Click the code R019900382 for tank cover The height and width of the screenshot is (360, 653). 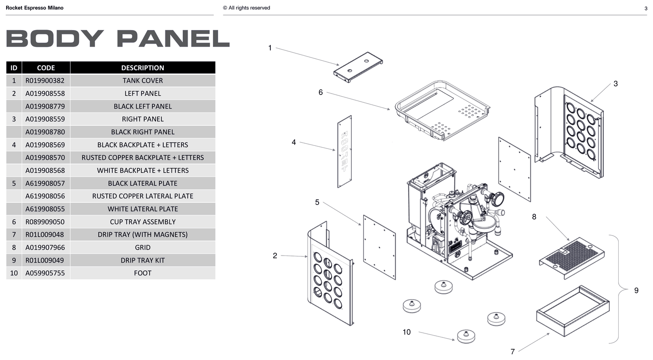[x=45, y=81]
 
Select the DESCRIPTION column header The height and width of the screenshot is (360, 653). [x=142, y=67]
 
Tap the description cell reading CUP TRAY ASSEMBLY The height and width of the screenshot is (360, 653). [x=142, y=222]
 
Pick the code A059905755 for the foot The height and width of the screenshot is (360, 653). [x=45, y=273]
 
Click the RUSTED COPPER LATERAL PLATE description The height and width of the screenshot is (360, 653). [x=142, y=196]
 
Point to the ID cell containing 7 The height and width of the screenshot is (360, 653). [x=13, y=235]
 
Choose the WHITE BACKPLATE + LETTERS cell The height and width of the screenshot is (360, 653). [x=142, y=171]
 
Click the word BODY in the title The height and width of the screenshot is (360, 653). [x=55, y=38]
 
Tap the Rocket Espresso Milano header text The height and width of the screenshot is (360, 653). [x=34, y=8]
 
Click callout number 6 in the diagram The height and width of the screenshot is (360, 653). [x=320, y=92]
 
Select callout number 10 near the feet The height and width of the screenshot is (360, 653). [x=406, y=332]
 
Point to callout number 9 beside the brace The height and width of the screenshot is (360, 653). [x=636, y=290]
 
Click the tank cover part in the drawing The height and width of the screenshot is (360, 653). [x=358, y=67]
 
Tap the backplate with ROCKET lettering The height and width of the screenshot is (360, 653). [x=344, y=151]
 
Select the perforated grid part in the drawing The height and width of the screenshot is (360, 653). [x=572, y=258]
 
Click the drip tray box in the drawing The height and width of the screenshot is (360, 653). [x=573, y=311]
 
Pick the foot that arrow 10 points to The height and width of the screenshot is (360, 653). [x=466, y=336]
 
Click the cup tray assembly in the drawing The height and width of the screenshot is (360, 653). [x=442, y=111]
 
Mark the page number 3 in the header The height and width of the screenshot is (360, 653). [x=646, y=8]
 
